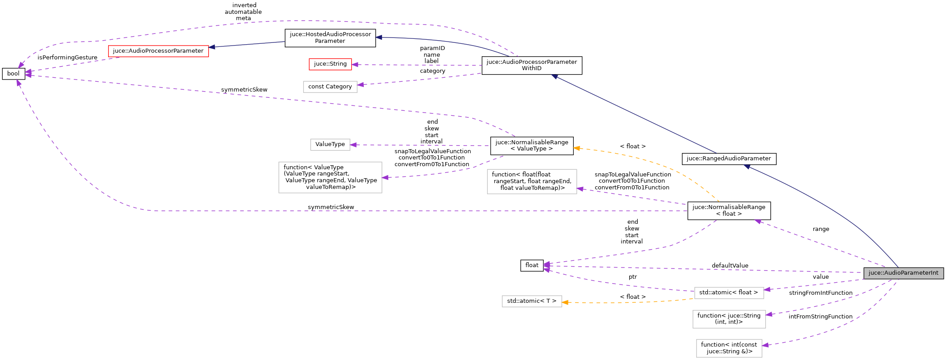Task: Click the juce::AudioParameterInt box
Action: [x=903, y=273]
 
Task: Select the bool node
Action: [x=13, y=74]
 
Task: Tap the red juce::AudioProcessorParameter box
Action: [x=158, y=51]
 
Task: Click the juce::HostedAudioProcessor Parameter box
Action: [x=330, y=38]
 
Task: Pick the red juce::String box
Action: [x=330, y=64]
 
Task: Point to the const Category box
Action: [x=330, y=87]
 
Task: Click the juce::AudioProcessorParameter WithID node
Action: [x=531, y=65]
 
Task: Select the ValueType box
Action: [x=330, y=144]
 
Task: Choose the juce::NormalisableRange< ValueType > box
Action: [x=531, y=146]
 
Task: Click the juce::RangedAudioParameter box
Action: [x=728, y=159]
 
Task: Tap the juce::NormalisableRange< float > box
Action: [x=728, y=210]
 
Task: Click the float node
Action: [x=532, y=265]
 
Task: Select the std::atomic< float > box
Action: [x=728, y=293]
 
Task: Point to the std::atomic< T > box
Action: [x=531, y=301]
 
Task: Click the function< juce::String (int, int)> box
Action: [x=728, y=319]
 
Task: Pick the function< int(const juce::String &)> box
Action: [x=728, y=348]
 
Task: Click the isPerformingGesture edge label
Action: [x=67, y=58]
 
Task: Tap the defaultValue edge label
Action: [x=730, y=266]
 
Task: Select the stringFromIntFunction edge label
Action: [x=820, y=293]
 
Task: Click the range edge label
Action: [x=820, y=229]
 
